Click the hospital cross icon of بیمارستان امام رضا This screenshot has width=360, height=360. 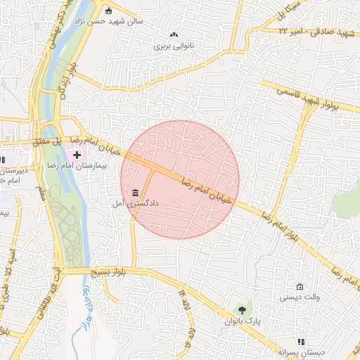point(77,153)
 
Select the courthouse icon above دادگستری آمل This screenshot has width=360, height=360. point(135,193)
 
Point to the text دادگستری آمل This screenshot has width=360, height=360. point(135,203)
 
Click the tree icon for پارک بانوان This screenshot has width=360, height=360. point(243,309)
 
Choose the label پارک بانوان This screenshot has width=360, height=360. point(243,321)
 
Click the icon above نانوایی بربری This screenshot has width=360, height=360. point(174,34)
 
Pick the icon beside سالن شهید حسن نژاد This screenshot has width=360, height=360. point(108,11)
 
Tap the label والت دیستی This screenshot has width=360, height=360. point(300,297)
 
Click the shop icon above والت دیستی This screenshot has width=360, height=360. point(300,286)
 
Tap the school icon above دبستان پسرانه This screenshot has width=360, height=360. point(302,342)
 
